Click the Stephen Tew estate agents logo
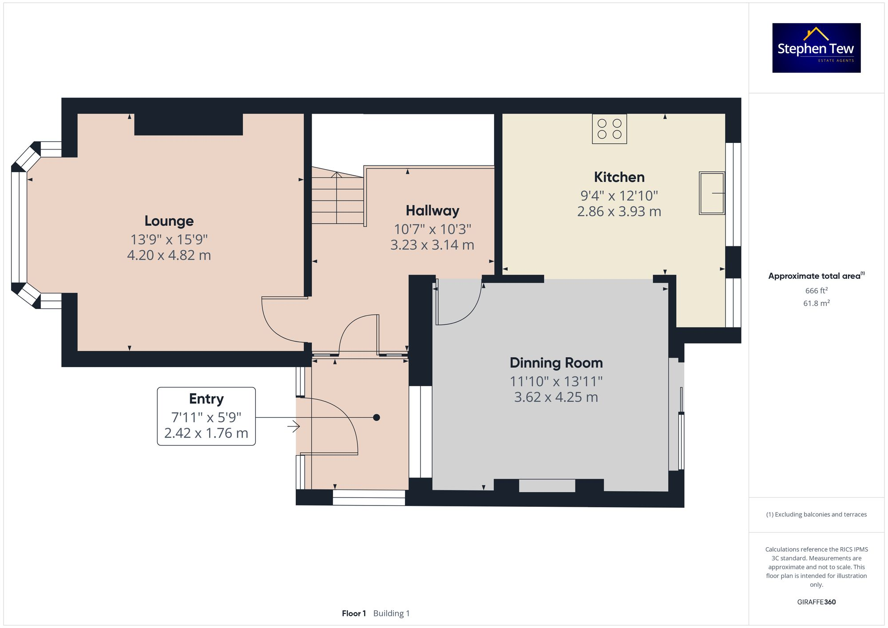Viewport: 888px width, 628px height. coord(816,48)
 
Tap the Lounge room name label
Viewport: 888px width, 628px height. coord(169,221)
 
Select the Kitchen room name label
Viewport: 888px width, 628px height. coord(619,177)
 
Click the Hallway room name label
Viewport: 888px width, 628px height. coord(432,211)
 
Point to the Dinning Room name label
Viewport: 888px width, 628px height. coord(556,363)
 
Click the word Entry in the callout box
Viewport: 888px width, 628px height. coord(206,399)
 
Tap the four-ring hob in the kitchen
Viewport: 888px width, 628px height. coord(609,129)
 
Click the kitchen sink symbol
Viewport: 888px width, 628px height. coord(712,193)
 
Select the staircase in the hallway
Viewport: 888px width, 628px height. coord(337,198)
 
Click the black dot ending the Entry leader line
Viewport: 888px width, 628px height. coord(377,418)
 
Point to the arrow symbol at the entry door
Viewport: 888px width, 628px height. coord(293,427)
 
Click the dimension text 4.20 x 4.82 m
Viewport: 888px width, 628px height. coord(169,255)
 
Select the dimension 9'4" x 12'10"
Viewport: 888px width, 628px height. coord(619,196)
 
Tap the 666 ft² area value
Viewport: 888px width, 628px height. coord(816,291)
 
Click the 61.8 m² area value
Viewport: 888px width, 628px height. coord(816,304)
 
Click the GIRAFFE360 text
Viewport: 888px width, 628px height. coord(816,602)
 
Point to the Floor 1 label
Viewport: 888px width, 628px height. coord(353,613)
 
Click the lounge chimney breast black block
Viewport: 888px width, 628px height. coord(188,124)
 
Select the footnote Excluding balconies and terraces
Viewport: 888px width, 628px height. coord(816,515)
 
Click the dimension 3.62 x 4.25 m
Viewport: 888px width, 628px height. coord(556,397)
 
